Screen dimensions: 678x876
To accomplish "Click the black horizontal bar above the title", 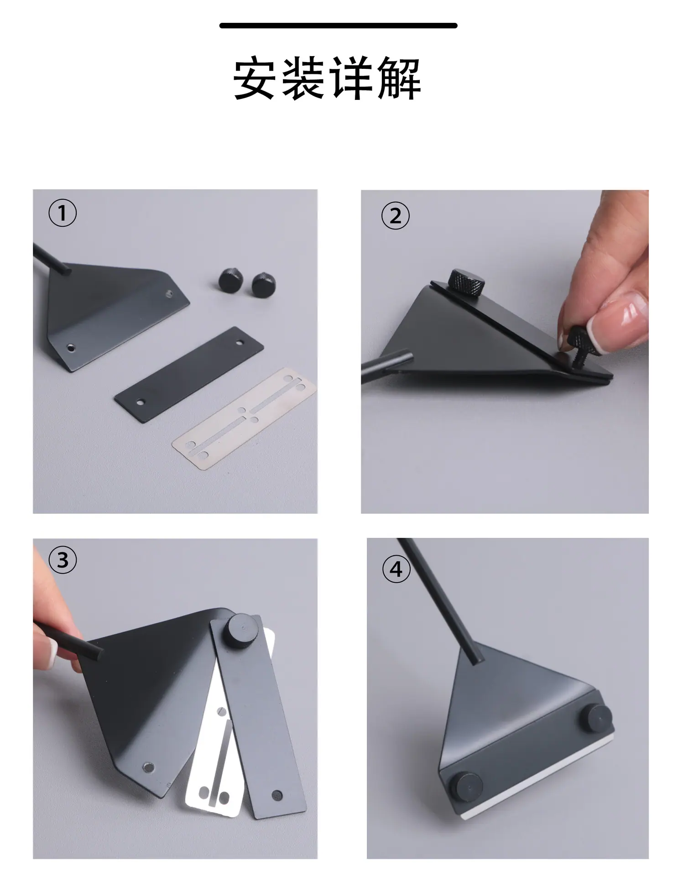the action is click(x=338, y=26).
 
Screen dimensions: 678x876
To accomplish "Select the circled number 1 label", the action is click(x=63, y=214).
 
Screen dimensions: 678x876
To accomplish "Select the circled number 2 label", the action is click(x=396, y=216).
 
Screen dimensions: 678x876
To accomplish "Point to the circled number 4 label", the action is click(x=396, y=569).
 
